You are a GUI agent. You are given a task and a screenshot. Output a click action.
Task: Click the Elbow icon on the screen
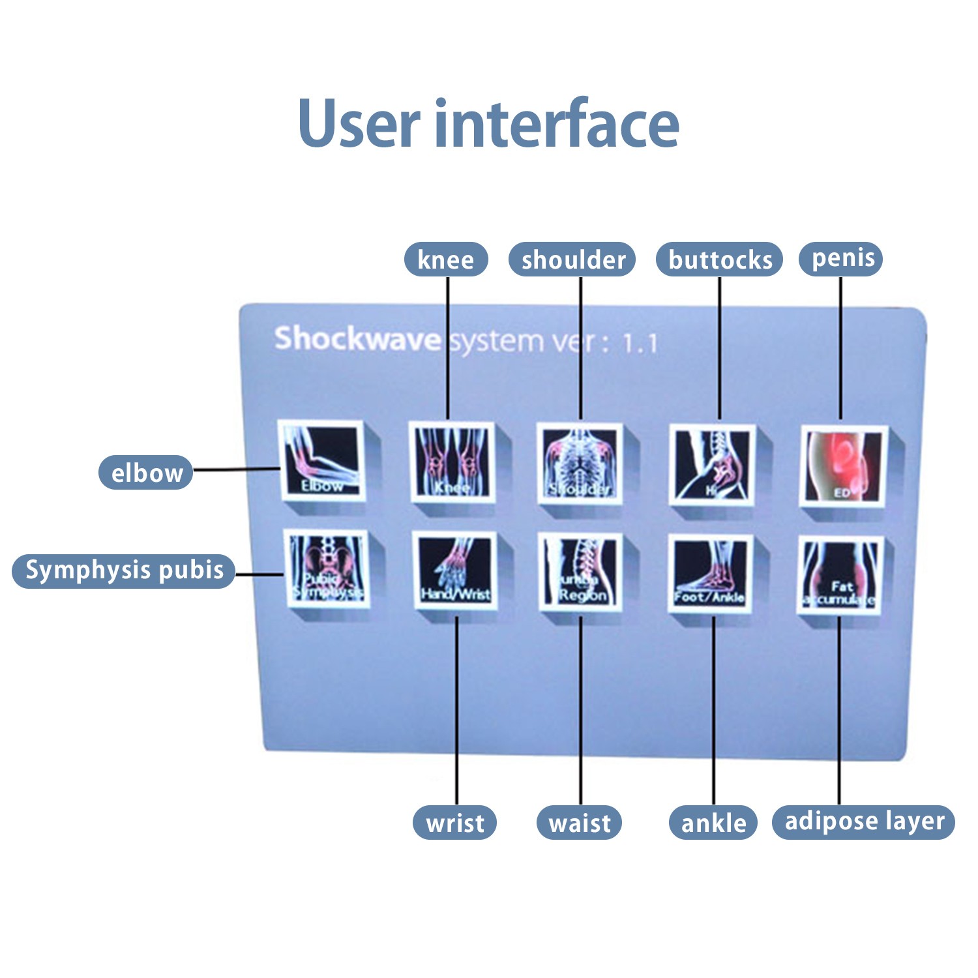(x=321, y=460)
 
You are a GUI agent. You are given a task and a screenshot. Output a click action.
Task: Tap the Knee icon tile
(x=451, y=462)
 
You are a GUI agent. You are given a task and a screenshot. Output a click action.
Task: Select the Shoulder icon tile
(x=579, y=463)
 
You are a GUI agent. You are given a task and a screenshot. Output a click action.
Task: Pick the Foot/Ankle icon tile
(x=711, y=574)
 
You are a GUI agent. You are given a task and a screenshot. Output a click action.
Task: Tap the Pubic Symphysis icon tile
(x=327, y=569)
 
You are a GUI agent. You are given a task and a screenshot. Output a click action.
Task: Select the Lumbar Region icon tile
(x=580, y=572)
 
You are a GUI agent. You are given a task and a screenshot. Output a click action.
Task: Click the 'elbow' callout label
(x=146, y=472)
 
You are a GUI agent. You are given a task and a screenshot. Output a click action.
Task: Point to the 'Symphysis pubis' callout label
(x=124, y=570)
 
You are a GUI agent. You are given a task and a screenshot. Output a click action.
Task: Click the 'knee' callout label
(x=446, y=259)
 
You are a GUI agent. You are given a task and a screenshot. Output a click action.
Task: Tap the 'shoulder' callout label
(x=572, y=259)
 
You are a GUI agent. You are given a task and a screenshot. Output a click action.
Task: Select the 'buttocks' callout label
(x=719, y=259)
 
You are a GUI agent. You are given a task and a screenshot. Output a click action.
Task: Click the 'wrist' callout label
(x=454, y=823)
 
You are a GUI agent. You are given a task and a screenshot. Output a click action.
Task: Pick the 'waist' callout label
(x=579, y=823)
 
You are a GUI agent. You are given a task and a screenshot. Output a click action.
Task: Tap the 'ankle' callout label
(x=713, y=823)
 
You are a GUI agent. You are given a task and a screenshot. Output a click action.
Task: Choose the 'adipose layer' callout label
(x=864, y=822)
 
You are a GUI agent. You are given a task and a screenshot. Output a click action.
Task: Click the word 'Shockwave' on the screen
(x=357, y=339)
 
